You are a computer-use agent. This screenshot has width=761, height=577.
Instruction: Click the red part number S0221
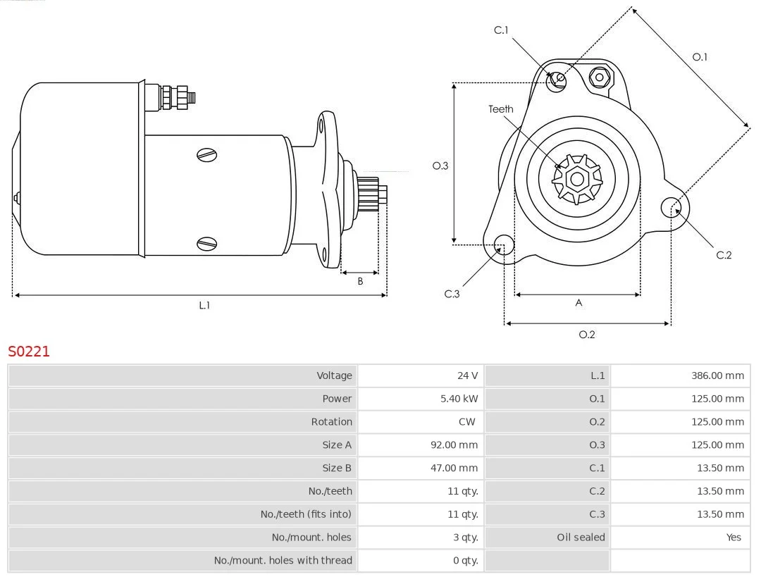click(x=29, y=351)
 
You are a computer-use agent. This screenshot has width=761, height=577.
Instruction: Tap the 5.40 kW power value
click(x=459, y=399)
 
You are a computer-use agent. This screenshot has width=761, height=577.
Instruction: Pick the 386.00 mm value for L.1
click(x=717, y=375)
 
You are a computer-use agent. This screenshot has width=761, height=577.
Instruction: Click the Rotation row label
click(x=331, y=422)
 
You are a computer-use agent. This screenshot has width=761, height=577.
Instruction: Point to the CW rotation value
click(x=467, y=422)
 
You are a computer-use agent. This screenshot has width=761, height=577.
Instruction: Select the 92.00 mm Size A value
click(x=454, y=445)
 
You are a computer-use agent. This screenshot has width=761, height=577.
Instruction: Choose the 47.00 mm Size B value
click(x=454, y=468)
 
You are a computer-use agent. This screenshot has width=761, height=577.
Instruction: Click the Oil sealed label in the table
click(x=581, y=538)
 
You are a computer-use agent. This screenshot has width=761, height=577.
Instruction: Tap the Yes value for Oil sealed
click(x=734, y=538)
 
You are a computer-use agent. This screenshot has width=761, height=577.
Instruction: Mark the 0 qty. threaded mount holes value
click(x=466, y=561)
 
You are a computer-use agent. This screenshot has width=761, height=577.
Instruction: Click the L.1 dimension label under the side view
click(x=204, y=305)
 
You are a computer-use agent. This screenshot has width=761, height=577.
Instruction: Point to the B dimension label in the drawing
click(x=360, y=281)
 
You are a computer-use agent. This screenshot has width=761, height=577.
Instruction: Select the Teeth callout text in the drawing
click(x=501, y=109)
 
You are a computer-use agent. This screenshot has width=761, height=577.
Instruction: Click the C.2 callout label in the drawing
click(x=724, y=255)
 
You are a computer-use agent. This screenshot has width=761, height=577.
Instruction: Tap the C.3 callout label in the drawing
click(x=452, y=294)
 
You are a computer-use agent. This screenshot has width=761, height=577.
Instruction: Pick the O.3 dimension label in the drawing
click(x=440, y=166)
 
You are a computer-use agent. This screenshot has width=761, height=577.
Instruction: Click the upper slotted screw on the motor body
click(x=206, y=155)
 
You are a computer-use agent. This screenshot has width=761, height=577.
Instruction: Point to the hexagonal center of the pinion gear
click(x=577, y=180)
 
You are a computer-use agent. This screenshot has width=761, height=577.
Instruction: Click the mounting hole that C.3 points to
click(x=504, y=245)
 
